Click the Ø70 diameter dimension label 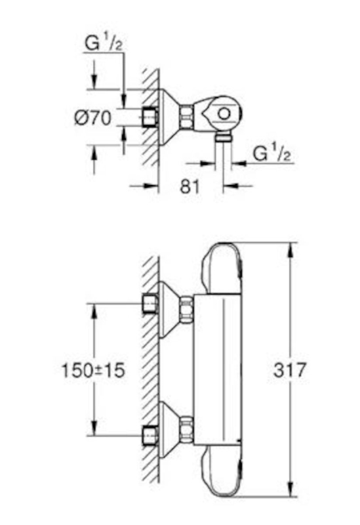click(92, 118)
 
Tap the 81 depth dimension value click(190, 186)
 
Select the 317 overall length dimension click(290, 370)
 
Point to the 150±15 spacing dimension click(93, 370)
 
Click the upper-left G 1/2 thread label click(104, 43)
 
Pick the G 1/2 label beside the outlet click(271, 154)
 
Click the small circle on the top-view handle click(224, 114)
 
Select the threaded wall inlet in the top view click(150, 118)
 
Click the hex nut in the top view click(186, 117)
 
